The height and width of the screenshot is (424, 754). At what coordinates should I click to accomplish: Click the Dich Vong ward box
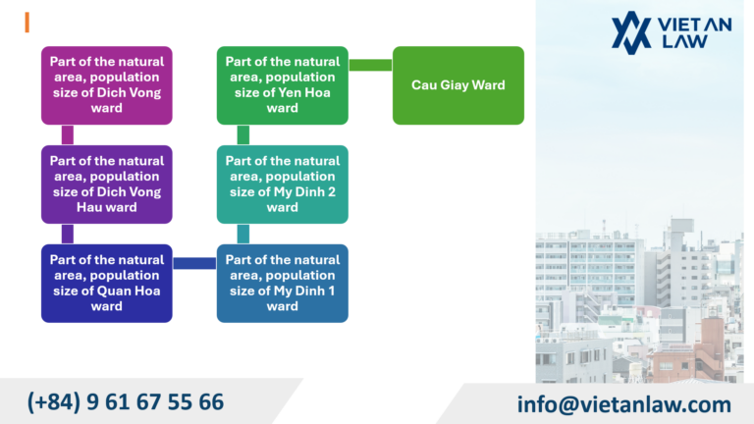106,85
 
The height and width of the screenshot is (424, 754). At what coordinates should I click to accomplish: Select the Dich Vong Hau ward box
106,185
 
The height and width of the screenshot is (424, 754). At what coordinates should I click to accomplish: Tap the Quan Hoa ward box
106,283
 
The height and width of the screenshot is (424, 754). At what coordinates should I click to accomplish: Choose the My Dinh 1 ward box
283,283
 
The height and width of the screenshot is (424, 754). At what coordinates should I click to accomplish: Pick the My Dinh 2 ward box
283,185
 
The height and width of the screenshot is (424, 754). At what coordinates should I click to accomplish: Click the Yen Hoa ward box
283,85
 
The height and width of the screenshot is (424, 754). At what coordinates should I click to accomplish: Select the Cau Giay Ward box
458,85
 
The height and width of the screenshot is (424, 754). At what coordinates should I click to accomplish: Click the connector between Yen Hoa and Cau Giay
370,65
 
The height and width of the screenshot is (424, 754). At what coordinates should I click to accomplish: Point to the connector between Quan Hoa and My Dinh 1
194,263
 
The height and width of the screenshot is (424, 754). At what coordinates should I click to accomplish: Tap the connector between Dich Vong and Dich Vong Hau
68,134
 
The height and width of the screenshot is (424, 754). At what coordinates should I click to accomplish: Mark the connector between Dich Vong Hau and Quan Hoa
68,234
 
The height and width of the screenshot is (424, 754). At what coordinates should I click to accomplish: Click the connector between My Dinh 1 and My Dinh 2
243,234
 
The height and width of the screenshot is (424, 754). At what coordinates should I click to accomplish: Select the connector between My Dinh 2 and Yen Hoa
243,134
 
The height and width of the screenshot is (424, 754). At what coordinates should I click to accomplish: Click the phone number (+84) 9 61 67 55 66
126,401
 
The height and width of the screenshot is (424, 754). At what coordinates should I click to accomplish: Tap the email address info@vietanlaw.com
624,403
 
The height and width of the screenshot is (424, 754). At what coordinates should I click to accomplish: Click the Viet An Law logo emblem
630,32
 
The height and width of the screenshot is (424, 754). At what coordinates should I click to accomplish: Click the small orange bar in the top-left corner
27,23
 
